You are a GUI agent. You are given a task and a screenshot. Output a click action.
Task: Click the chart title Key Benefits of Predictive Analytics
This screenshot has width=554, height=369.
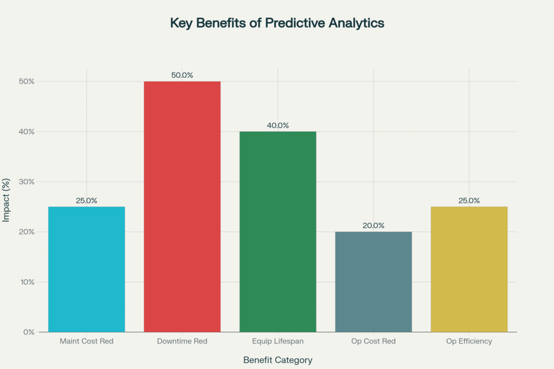coord(277,23)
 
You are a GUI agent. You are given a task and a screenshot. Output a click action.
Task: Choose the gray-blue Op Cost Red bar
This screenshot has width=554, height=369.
coord(373,281)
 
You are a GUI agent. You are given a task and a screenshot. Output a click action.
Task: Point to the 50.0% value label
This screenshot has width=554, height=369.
coord(182,75)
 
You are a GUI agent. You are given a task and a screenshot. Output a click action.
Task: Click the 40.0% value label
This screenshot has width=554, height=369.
coord(278,125)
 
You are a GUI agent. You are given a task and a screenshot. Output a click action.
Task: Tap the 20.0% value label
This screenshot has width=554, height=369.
coord(373,225)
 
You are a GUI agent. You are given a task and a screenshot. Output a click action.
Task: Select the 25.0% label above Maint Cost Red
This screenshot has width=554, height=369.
coord(87,200)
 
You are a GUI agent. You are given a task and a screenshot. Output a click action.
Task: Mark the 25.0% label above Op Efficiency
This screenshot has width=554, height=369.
coord(469,200)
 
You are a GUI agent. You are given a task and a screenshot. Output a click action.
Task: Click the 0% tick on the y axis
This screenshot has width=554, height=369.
coord(29,332)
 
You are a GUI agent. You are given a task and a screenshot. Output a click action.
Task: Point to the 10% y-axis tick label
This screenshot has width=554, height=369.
coord(27,282)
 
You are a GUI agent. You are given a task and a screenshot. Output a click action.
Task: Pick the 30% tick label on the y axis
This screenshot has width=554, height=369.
coord(27,182)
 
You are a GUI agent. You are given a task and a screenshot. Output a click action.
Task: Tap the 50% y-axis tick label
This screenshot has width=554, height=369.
coord(27,82)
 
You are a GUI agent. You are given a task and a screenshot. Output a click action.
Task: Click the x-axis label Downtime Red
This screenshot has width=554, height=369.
coord(182,341)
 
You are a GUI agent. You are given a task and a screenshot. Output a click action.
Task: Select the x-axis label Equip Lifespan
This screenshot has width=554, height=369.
coord(278,341)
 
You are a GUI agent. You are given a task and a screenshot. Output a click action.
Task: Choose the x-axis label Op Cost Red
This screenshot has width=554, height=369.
coord(373,341)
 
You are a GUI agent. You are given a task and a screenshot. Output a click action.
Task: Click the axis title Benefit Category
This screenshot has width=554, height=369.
coord(278,360)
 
